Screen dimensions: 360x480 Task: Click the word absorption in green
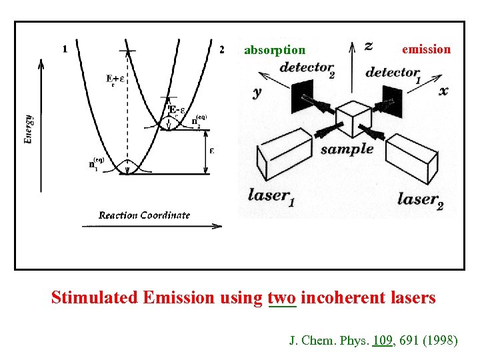point(275,50)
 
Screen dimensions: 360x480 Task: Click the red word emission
point(426,49)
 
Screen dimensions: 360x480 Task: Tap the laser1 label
point(270,196)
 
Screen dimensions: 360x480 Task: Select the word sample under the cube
point(347,149)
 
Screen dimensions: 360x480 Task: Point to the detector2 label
point(307,68)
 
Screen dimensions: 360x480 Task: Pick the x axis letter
point(443,91)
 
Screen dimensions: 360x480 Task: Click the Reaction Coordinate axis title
point(144,215)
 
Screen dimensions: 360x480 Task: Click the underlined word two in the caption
point(281,297)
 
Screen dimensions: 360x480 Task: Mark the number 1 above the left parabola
point(65,49)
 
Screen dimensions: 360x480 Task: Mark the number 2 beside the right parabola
point(221,49)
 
